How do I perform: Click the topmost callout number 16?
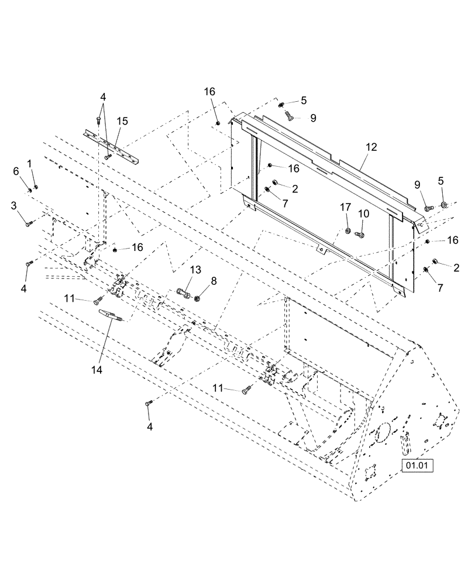(209, 91)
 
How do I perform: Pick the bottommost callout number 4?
(149, 427)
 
